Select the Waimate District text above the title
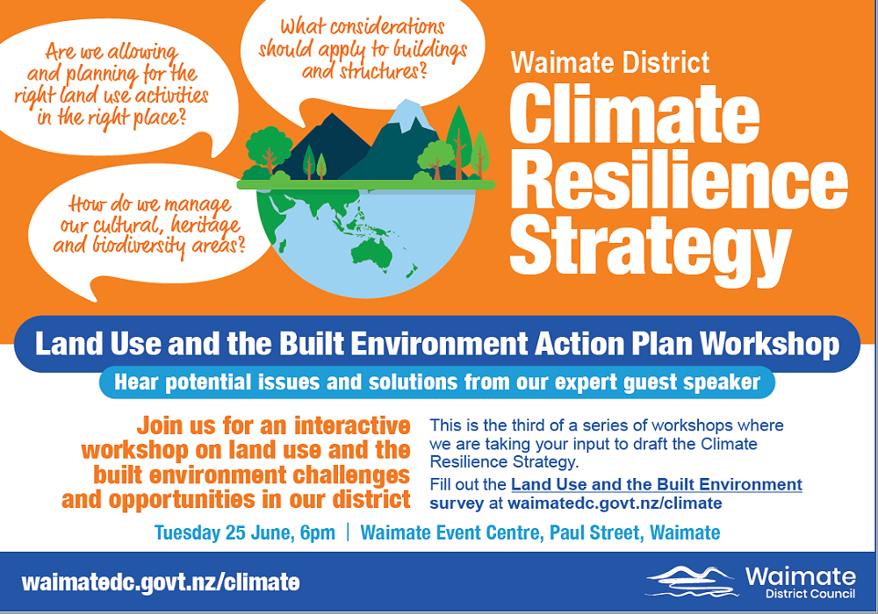coord(609,63)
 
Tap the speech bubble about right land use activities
coord(110,84)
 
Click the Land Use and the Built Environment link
coord(656,484)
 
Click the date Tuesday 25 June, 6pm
coord(244,532)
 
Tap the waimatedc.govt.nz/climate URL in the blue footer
coord(161,582)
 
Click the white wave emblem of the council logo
coord(689,580)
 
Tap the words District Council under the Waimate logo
coord(799,594)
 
